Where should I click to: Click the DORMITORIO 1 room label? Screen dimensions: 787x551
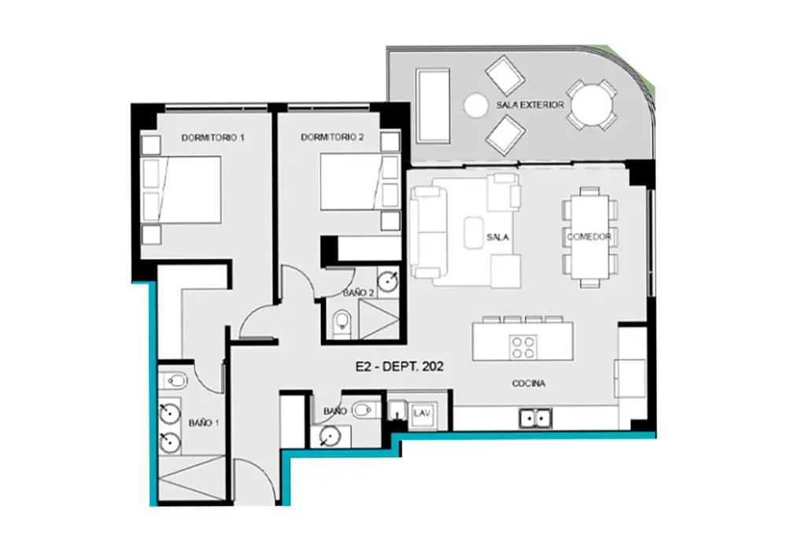[212, 138]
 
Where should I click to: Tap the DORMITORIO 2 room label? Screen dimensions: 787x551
[332, 137]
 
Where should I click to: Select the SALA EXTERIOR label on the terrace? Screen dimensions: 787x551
[530, 105]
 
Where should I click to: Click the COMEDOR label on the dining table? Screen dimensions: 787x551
[589, 236]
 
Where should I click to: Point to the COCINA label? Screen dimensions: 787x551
[529, 383]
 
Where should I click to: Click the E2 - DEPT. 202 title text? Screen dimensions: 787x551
[400, 367]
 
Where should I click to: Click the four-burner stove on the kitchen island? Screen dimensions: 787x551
[523, 347]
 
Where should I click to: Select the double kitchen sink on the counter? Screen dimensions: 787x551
[535, 417]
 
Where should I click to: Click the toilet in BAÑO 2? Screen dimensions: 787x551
[342, 321]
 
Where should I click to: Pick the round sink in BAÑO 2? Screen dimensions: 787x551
[387, 282]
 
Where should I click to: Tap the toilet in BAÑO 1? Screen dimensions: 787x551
[174, 380]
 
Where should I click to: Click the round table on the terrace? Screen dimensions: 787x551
[592, 105]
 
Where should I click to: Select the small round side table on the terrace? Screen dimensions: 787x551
[475, 105]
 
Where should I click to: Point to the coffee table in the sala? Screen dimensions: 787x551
[474, 233]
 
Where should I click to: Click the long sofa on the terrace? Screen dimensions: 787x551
[433, 106]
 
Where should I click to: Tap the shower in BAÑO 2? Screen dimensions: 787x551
[379, 319]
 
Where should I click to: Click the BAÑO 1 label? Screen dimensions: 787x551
[203, 423]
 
